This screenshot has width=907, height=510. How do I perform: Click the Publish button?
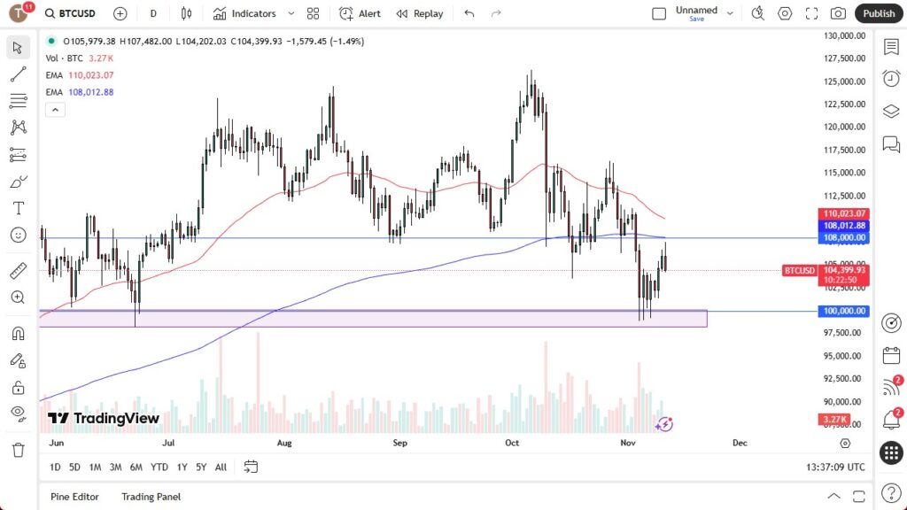coord(879,13)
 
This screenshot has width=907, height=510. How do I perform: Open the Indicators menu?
coord(245,13)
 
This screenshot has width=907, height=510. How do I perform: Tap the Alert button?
coord(361,13)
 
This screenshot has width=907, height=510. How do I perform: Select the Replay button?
coord(420,13)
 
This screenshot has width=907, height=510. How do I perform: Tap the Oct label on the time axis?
coord(512,442)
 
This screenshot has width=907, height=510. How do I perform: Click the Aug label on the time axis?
coord(284,442)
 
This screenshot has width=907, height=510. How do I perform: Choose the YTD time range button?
coord(159,467)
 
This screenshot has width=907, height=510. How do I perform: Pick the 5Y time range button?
coord(201,467)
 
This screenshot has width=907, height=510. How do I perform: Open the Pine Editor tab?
coord(74,497)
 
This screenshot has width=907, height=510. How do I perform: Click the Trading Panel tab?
coord(151,497)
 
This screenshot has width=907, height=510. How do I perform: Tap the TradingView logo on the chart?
coord(104,418)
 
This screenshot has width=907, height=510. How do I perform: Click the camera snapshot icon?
coord(838,13)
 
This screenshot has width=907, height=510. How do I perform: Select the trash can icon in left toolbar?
coord(18,450)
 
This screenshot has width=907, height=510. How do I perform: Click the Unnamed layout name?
coord(696,10)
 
